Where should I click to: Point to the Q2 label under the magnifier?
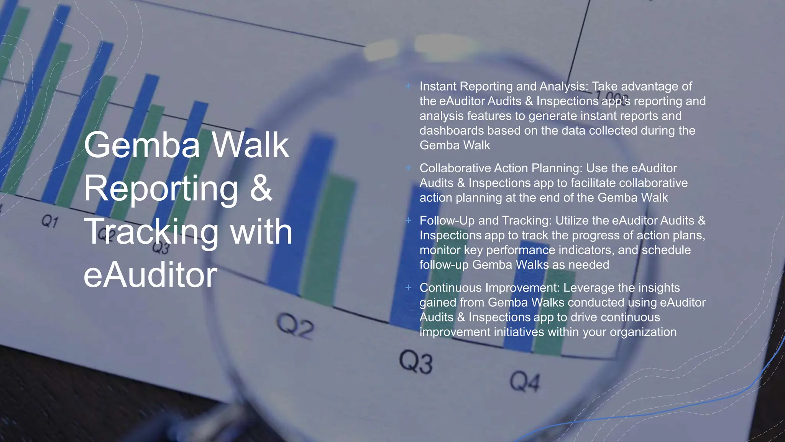[x=295, y=326]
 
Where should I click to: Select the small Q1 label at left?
[x=50, y=221]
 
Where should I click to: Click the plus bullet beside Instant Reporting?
[x=409, y=86]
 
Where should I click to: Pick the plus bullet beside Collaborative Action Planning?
[x=409, y=168]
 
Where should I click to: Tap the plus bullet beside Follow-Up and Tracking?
[x=409, y=221]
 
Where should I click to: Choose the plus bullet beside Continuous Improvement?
[x=409, y=288]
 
